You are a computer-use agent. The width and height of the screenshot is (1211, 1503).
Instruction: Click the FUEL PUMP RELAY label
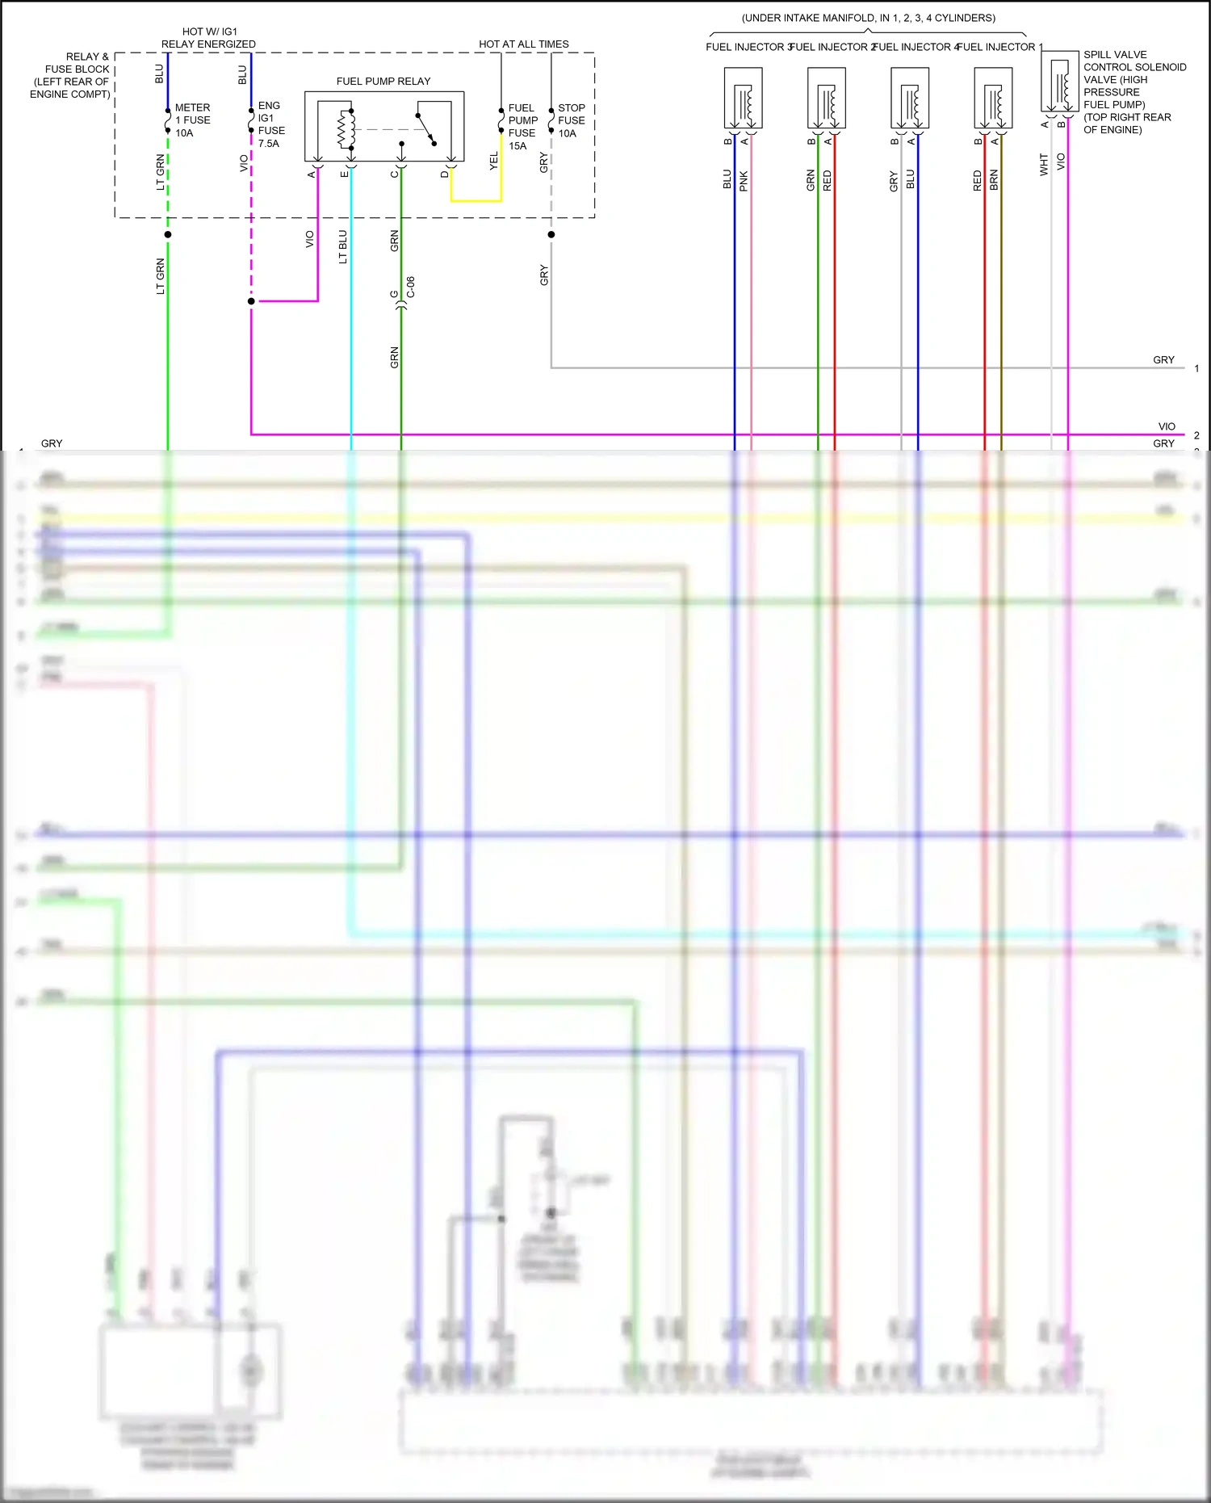pyautogui.click(x=383, y=82)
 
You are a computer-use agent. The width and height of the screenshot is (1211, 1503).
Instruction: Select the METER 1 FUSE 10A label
pyautogui.click(x=192, y=120)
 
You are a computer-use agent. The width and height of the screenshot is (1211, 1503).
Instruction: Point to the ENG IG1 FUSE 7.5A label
pyautogui.click(x=270, y=124)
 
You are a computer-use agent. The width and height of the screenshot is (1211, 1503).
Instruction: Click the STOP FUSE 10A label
pyautogui.click(x=571, y=120)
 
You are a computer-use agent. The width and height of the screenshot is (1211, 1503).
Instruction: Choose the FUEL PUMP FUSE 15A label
pyautogui.click(x=522, y=127)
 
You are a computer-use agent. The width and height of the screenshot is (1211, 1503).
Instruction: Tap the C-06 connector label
pyautogui.click(x=411, y=287)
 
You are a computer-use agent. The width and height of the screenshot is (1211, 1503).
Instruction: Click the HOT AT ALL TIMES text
pyautogui.click(x=523, y=44)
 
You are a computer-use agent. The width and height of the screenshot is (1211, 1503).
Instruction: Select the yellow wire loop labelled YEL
pyautogui.click(x=476, y=199)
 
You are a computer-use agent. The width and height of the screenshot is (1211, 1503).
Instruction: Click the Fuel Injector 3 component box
pyautogui.click(x=743, y=98)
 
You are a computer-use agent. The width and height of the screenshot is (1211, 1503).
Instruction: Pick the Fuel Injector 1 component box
pyautogui.click(x=993, y=98)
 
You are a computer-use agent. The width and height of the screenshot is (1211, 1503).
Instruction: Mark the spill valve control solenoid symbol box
pyautogui.click(x=1059, y=81)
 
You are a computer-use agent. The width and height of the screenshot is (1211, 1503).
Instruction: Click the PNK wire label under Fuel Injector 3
pyautogui.click(x=744, y=180)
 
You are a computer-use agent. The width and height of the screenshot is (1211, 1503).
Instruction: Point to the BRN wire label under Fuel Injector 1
pyautogui.click(x=994, y=179)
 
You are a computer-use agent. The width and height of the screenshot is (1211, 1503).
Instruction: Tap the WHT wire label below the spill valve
pyautogui.click(x=1044, y=165)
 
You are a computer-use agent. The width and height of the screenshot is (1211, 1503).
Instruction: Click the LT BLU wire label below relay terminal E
pyautogui.click(x=343, y=246)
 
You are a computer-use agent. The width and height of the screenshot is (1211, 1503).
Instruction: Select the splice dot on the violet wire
pyautogui.click(x=251, y=301)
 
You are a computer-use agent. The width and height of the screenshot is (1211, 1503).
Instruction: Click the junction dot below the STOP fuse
pyautogui.click(x=551, y=235)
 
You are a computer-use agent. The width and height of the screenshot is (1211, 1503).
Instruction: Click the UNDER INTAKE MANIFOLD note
pyautogui.click(x=868, y=18)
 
